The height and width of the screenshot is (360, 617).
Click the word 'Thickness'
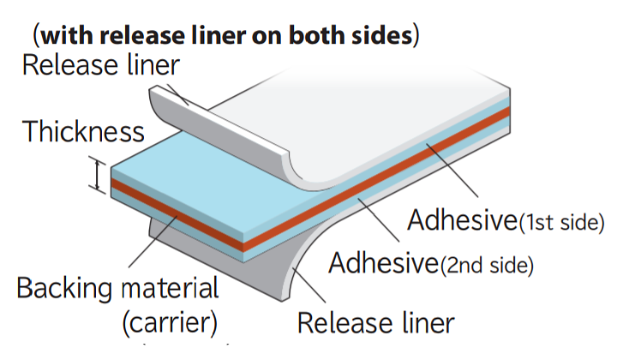83,131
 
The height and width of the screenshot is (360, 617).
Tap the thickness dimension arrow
97,175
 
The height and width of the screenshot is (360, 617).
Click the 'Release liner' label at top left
101,65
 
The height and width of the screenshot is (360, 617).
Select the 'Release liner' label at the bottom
376,323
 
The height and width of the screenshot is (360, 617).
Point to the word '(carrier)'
170,323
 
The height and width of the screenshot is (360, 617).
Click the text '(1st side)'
561,222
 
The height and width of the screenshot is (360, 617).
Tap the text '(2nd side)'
487,265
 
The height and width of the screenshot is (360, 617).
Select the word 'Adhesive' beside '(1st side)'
463,220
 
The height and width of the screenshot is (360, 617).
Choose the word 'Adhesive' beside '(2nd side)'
384,263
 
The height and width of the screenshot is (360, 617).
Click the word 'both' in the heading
317,35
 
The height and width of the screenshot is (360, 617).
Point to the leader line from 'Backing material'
153,241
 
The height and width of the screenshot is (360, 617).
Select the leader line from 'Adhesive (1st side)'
452,171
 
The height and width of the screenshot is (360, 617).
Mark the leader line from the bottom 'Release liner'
309,285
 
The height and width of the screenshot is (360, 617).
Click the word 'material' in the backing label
170,288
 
